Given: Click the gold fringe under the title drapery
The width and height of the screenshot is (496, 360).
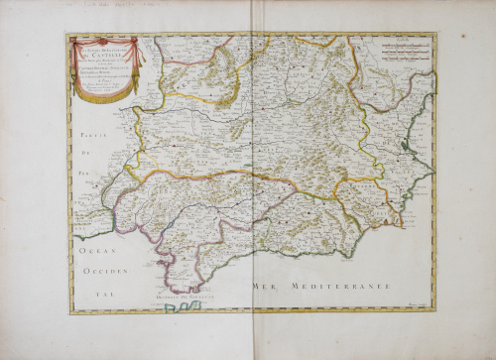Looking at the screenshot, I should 105,96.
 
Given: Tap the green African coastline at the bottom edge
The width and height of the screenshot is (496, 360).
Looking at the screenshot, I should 179,307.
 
